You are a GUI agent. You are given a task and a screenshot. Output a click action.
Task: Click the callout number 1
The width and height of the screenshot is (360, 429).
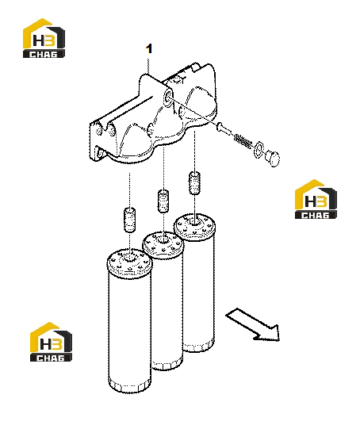tap(149, 48)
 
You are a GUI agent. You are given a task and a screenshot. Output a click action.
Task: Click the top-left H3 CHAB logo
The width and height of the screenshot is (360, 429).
tap(44, 38)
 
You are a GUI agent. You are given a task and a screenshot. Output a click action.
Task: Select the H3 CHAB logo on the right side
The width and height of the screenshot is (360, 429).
tap(316, 199)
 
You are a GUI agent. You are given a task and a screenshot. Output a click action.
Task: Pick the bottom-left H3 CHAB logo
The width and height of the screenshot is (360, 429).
tap(51, 342)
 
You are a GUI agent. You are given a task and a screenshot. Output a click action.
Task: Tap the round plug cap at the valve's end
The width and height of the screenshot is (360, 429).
tap(273, 158)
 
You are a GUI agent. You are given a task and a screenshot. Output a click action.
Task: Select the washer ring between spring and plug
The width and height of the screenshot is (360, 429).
tap(259, 150)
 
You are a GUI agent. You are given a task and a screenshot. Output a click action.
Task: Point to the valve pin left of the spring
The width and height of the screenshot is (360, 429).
tap(224, 129)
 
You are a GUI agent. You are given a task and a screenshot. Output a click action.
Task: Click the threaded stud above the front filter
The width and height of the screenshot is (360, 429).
tap(130, 220)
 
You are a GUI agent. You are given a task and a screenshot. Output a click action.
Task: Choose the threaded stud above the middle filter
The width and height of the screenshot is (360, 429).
tap(163, 201)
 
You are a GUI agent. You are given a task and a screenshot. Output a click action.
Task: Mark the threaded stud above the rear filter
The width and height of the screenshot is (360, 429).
tap(194, 182)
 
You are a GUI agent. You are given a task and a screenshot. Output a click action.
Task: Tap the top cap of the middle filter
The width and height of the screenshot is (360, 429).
tap(163, 244)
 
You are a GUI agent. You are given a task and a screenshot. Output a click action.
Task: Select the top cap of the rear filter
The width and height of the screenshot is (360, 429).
tap(195, 227)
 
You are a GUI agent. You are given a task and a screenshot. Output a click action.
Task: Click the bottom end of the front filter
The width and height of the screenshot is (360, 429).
tap(130, 385)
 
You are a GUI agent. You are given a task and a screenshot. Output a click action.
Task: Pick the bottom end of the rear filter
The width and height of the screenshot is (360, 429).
tap(198, 345)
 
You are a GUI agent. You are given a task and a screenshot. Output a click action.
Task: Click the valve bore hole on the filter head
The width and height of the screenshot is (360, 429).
tap(168, 98)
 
